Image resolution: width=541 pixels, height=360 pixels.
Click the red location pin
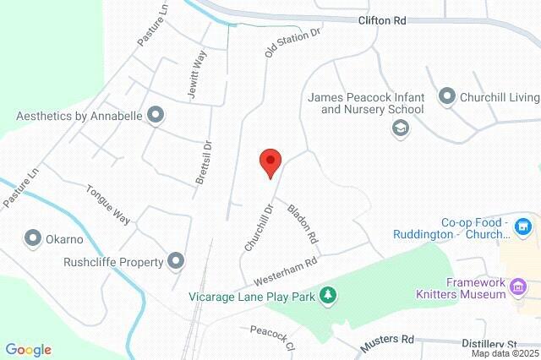pos(270,161)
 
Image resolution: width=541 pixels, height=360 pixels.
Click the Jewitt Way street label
pos(198,74)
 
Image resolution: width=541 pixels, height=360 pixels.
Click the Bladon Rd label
pos(302,221)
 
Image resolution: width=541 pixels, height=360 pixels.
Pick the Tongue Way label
pos(108,205)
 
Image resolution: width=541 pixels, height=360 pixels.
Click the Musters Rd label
pos(385,343)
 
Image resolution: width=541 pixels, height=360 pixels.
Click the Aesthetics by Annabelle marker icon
pos(155,114)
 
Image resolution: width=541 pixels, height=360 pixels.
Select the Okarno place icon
pos(33,238)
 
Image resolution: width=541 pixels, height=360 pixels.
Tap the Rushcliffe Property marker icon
pos(176,261)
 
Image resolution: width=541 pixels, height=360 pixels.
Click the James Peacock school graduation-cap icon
pos(400,128)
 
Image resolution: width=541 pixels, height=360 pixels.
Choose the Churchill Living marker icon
pos(447,96)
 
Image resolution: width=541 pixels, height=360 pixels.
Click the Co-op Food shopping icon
pos(523,226)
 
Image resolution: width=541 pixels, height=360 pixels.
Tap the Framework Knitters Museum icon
pos(517,290)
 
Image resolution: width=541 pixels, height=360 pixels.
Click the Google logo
pos(28,350)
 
